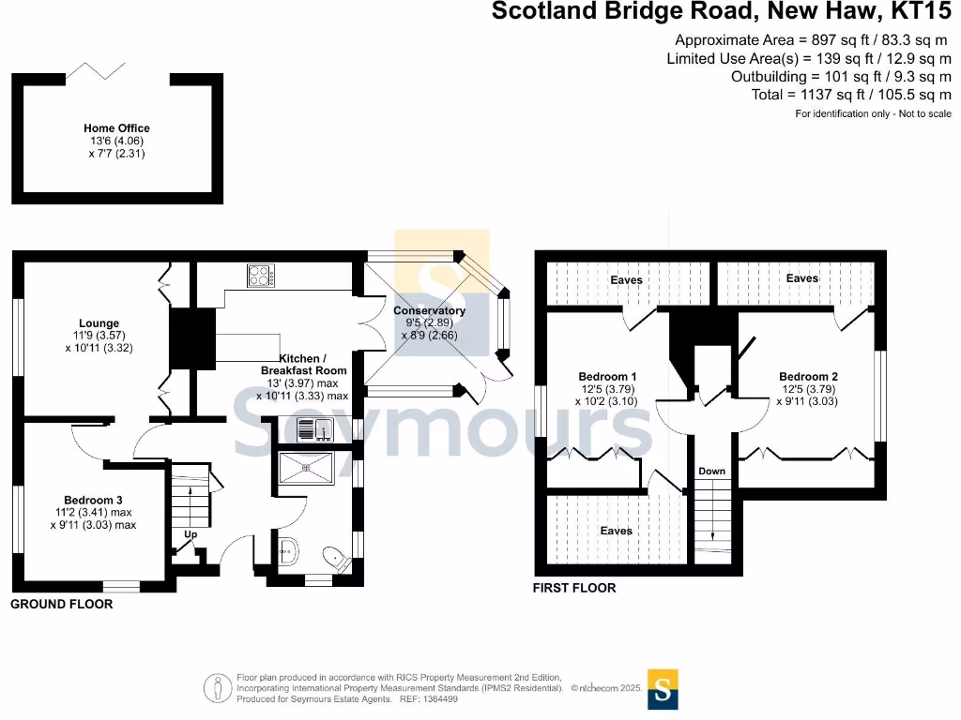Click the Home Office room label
(116, 128)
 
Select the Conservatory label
(429, 310)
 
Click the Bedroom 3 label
(93, 500)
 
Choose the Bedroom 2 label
(808, 377)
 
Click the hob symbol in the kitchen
(260, 276)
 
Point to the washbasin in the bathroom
(286, 552)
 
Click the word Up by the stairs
(191, 534)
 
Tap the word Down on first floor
(711, 470)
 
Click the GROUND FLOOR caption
(61, 605)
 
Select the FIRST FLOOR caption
(574, 588)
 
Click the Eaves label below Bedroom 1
(616, 531)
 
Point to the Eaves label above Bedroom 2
(801, 278)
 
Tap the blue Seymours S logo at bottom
(663, 689)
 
